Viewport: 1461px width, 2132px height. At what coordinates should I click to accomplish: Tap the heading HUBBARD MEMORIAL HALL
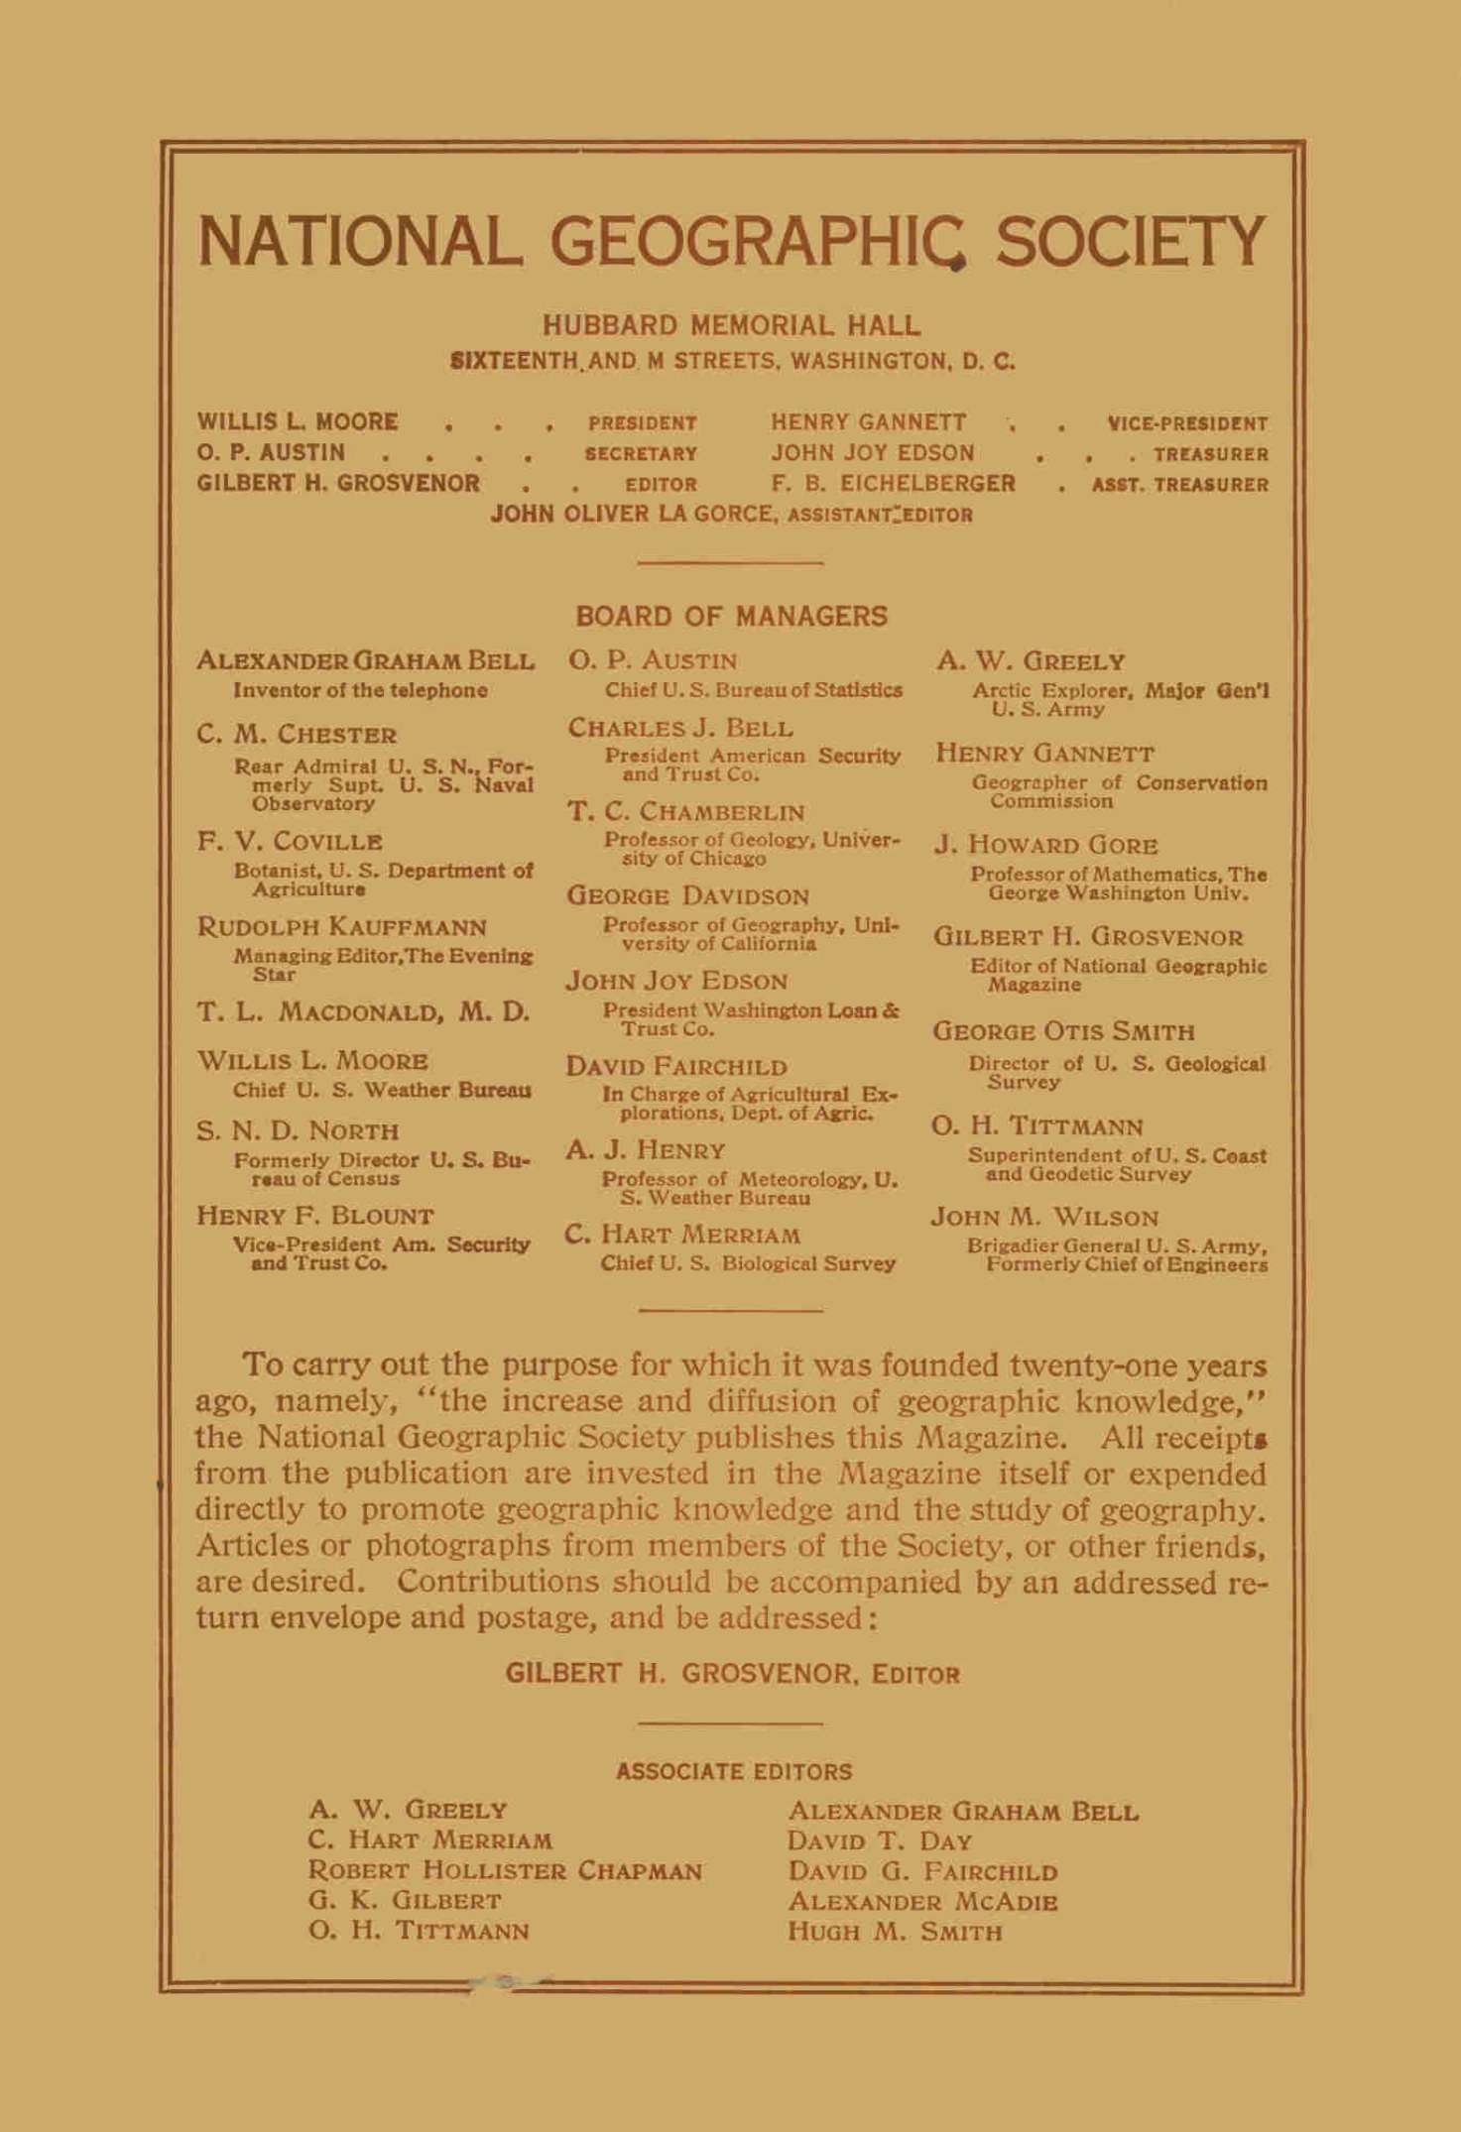click(x=731, y=325)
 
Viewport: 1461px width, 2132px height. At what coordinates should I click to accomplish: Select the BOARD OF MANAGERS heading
click(x=731, y=617)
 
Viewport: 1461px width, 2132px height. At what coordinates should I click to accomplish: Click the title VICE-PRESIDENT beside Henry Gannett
click(x=1187, y=423)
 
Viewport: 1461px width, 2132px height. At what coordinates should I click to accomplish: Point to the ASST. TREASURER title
click(x=1179, y=485)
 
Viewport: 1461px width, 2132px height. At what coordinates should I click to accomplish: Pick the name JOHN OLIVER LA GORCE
click(x=635, y=515)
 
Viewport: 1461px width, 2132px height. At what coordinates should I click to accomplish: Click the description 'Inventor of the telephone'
click(x=360, y=690)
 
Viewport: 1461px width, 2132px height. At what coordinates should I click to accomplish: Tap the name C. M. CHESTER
click(x=297, y=735)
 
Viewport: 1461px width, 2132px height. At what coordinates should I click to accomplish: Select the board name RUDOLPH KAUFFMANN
click(x=342, y=927)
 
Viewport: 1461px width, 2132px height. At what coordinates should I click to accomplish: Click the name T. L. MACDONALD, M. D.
click(x=363, y=1012)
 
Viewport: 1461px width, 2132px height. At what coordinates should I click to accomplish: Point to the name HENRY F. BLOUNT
click(x=315, y=1216)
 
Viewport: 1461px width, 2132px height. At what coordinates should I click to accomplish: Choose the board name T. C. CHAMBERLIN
click(x=686, y=812)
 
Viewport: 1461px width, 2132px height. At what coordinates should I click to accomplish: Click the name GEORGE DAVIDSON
click(x=687, y=896)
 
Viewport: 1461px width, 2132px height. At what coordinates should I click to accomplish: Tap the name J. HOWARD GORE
click(x=1046, y=846)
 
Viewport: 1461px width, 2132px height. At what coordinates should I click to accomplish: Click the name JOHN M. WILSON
click(x=1044, y=1217)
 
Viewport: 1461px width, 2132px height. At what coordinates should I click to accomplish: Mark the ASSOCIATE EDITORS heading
click(x=734, y=1772)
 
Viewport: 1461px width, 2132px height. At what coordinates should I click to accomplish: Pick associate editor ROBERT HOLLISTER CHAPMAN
click(x=506, y=1871)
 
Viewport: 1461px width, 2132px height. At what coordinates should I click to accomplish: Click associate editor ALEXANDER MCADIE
click(x=922, y=1902)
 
